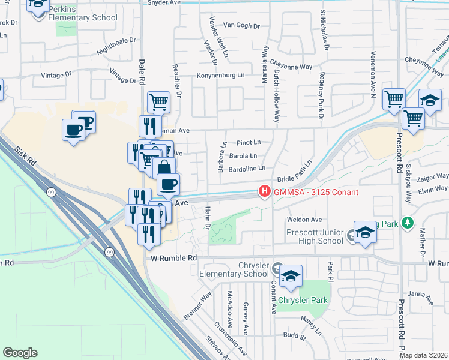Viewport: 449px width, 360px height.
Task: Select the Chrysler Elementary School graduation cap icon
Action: (x=291, y=275)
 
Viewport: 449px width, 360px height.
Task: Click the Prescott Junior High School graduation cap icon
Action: (x=364, y=233)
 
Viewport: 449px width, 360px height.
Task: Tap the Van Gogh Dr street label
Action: (x=241, y=26)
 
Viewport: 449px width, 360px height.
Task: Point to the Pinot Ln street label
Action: (x=249, y=143)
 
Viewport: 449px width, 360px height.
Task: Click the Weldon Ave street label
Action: (x=305, y=220)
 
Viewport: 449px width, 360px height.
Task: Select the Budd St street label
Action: (x=294, y=337)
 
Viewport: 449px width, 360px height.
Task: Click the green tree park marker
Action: (x=408, y=223)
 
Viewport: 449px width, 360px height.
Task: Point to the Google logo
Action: (x=20, y=353)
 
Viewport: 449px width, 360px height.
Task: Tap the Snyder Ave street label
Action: (x=163, y=3)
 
